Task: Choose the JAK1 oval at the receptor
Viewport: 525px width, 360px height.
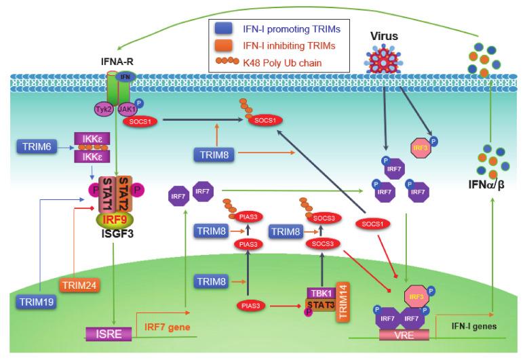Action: point(125,108)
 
